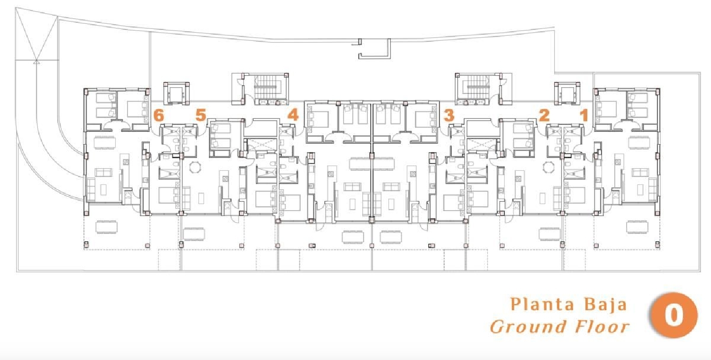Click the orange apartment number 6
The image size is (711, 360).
tap(159, 115)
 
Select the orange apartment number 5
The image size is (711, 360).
tap(201, 115)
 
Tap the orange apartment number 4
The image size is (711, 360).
tap(293, 115)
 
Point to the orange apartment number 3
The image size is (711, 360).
tap(449, 115)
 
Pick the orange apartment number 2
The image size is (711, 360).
tap(544, 115)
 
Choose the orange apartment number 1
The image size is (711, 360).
tap(584, 115)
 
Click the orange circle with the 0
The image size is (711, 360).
tap(674, 315)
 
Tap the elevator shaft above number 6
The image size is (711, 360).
tap(176, 93)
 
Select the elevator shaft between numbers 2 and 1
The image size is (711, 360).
tap(567, 93)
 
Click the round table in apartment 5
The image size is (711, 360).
tap(195, 167)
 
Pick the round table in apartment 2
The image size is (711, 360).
tap(548, 167)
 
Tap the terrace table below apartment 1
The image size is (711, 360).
tap(637, 227)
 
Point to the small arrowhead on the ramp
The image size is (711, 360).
tap(36, 61)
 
